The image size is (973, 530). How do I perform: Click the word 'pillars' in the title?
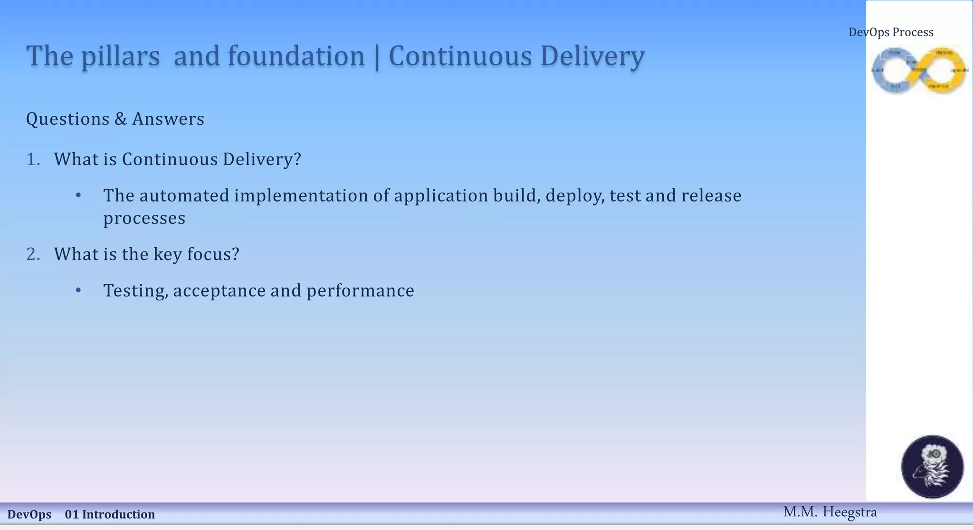(120, 56)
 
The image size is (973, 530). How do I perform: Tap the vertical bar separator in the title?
(377, 57)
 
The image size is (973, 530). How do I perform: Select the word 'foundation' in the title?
(296, 56)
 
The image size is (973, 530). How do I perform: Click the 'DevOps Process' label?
(891, 32)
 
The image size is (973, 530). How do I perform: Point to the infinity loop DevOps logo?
(919, 70)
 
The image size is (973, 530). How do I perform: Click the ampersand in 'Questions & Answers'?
(120, 119)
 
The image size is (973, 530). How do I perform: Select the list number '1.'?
(33, 159)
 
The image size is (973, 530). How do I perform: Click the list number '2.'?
(33, 254)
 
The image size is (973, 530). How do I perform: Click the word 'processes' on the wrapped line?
(144, 219)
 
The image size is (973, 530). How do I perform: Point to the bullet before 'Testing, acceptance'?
(78, 290)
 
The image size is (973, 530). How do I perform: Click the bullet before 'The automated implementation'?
(78, 195)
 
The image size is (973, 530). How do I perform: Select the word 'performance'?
(360, 291)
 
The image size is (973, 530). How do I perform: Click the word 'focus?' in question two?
(213, 254)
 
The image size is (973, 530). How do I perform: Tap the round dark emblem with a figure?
(932, 466)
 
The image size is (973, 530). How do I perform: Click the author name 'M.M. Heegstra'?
(830, 512)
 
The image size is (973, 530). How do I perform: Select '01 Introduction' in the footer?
(110, 514)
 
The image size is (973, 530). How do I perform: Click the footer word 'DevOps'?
(29, 514)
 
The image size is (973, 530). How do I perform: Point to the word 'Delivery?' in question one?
(262, 159)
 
